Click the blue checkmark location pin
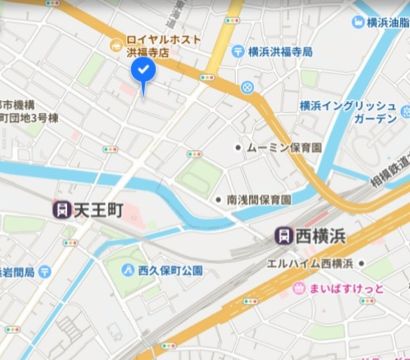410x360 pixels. [143, 72]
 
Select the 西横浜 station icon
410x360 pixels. [284, 236]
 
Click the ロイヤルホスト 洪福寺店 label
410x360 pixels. [163, 45]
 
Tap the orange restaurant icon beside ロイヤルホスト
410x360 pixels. [116, 44]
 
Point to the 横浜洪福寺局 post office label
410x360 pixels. [280, 51]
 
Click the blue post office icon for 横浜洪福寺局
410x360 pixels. [238, 51]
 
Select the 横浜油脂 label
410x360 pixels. [387, 22]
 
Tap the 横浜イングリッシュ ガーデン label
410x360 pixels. [348, 112]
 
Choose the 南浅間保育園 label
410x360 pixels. [259, 200]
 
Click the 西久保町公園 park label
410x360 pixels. [171, 270]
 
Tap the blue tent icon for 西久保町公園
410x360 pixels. [128, 270]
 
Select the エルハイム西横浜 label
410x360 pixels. [310, 264]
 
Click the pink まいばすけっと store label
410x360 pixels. [347, 289]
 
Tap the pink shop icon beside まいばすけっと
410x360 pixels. [299, 288]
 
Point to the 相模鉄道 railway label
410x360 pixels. [390, 173]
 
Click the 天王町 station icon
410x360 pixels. [62, 209]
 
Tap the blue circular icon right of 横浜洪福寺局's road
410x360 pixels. [247, 86]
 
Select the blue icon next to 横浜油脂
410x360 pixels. [357, 22]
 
